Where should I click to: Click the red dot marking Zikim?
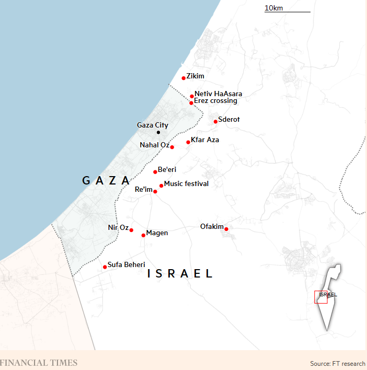coord(183,78)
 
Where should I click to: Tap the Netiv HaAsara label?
coord(218,94)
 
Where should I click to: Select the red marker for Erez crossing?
coord(191,103)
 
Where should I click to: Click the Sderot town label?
coord(228,119)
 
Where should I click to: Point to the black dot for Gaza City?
coord(158,132)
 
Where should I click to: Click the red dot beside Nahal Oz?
coord(172,147)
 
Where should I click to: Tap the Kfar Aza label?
coord(205,140)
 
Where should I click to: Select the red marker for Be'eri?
coord(155,172)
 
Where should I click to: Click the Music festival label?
coord(186,183)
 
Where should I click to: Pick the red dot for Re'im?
coord(155,192)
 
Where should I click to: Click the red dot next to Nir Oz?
coord(131,230)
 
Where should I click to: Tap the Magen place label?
coord(157,233)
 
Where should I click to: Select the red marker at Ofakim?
coord(226,229)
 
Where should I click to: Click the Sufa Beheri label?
coord(126,265)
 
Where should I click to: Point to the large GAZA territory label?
coord(107,181)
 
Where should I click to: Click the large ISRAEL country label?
coord(180,273)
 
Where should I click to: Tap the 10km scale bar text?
coord(274,7)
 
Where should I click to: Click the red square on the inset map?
coord(320,296)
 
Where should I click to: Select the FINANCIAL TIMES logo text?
coord(39,363)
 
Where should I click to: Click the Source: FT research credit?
coord(337,363)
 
